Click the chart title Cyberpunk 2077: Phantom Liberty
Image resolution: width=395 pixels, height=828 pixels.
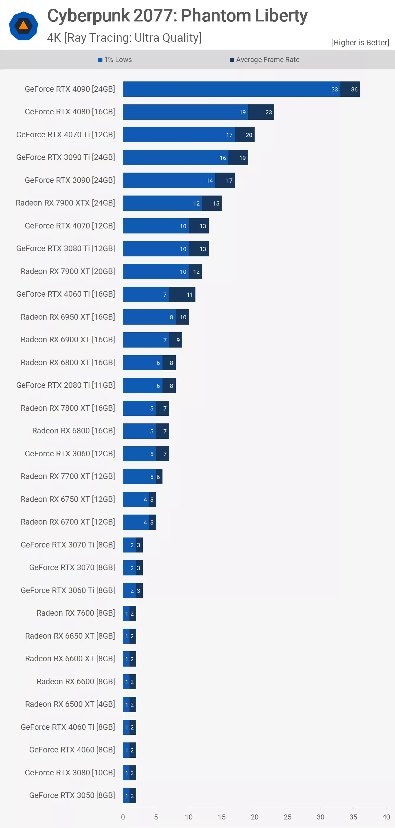point(177,16)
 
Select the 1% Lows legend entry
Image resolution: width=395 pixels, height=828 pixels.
point(115,60)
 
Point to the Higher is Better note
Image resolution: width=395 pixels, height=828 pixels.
point(360,42)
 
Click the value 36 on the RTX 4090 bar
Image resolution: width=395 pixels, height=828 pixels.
point(354,89)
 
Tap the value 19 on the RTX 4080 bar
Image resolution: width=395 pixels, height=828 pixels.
point(243,112)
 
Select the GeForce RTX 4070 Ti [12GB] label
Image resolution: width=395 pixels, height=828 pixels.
point(66,135)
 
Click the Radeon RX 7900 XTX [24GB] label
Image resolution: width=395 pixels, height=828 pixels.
point(65,203)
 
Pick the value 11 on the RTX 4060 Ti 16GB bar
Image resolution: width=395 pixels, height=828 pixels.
point(190,294)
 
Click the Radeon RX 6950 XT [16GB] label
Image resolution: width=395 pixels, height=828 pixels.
point(68,317)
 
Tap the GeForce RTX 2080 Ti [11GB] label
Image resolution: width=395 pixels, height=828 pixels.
point(66,385)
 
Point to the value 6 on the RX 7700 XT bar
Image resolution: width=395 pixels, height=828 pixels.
point(158,477)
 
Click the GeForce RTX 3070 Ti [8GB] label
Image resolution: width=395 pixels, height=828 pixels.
point(68,545)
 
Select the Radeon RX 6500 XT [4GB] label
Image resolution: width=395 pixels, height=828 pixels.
point(70,704)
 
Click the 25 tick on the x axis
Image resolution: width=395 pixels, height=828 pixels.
point(288,817)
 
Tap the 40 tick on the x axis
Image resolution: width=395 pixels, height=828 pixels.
point(386,817)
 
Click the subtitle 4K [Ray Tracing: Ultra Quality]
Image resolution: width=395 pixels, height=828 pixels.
point(124,38)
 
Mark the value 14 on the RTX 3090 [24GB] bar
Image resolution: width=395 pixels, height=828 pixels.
point(210,181)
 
